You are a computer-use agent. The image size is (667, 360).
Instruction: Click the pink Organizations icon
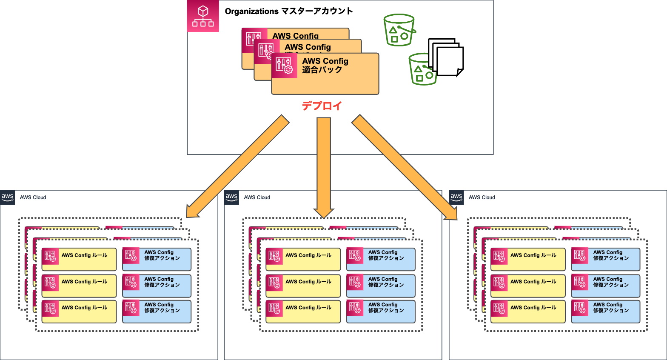point(203,16)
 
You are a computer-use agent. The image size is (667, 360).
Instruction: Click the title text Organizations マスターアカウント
point(288,11)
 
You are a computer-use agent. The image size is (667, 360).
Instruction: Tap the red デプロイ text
point(322,106)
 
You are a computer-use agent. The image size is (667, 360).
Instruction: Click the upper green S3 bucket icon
point(399,30)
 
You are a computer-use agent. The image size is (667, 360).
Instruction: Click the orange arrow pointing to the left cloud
point(238,166)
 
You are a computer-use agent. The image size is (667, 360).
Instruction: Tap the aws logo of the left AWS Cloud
point(8,197)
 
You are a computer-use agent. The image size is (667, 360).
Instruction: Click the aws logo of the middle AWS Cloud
point(231,197)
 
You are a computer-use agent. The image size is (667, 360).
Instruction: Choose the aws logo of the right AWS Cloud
point(456,197)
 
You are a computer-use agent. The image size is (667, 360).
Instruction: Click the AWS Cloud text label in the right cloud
point(482,197)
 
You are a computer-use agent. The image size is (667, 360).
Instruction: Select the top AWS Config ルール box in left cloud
point(79,259)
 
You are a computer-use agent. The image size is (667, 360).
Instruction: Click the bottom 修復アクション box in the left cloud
point(157,311)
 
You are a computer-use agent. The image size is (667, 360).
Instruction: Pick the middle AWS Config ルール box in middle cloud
point(303,286)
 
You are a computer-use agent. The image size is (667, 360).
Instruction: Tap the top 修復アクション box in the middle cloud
point(381,259)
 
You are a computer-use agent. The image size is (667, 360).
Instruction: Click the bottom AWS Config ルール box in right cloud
point(527,311)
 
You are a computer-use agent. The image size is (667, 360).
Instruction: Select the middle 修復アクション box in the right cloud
point(605,286)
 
